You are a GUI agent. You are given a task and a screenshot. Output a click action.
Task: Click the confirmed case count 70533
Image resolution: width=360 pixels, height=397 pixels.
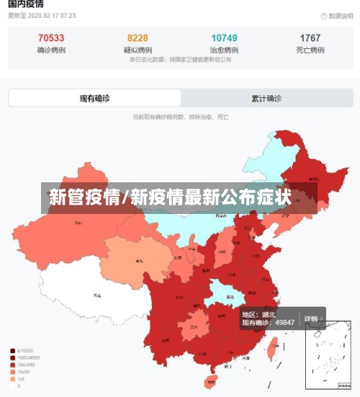50,38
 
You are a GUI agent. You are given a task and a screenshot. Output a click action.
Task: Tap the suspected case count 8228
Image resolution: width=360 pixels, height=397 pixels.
138,38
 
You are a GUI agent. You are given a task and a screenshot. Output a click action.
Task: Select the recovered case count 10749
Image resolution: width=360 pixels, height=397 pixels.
224,38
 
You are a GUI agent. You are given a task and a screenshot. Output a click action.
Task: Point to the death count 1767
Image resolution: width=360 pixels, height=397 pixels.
310,38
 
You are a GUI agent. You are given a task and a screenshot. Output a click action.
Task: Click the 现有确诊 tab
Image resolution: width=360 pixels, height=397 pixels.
95,99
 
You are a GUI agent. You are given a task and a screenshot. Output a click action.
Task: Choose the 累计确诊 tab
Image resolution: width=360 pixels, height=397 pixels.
266,99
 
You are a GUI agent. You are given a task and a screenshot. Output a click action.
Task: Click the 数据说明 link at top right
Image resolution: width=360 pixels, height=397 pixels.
333,16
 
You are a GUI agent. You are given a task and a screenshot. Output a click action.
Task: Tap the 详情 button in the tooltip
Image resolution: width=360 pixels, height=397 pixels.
312,318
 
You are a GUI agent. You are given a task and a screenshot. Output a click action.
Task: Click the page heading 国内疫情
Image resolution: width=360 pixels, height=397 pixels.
26,4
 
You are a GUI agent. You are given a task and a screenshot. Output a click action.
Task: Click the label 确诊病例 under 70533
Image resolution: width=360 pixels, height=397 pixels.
50,50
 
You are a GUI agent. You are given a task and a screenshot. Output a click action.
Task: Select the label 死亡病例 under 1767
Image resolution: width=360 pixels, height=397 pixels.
310,50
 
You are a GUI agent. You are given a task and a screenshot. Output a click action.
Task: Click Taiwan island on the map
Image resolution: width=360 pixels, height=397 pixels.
272,349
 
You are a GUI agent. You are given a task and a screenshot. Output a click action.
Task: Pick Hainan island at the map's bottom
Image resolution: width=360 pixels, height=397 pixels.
211,381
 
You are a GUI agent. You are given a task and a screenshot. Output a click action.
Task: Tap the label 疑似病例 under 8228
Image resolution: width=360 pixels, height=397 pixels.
138,50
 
